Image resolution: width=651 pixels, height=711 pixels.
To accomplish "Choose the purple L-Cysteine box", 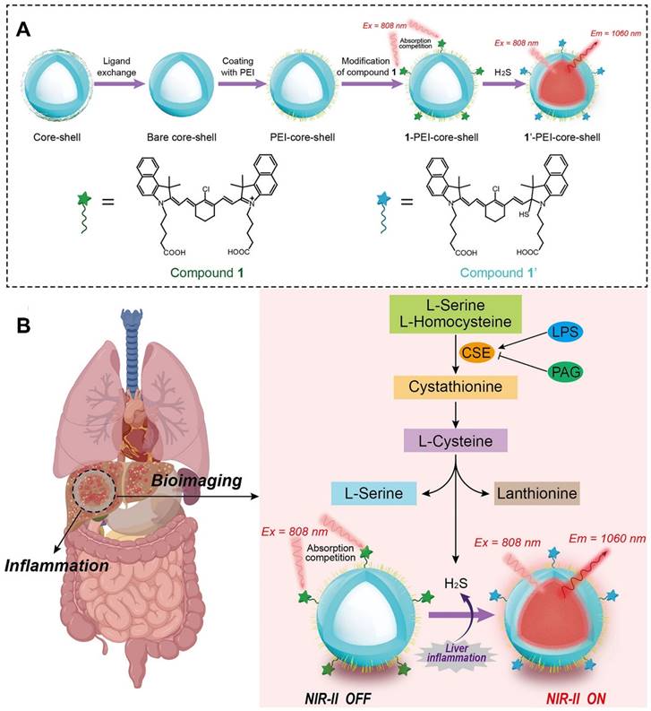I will pos(456,440).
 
